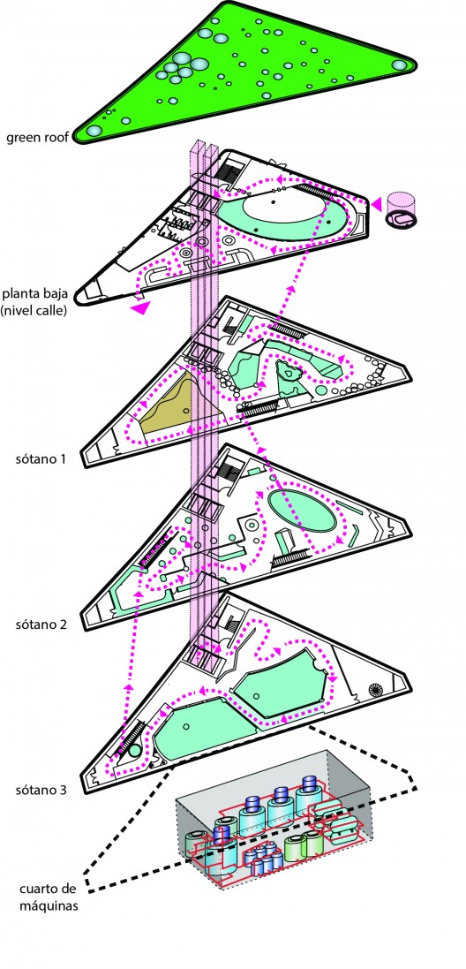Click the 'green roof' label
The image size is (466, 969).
(x=37, y=137)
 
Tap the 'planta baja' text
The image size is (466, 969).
(x=36, y=291)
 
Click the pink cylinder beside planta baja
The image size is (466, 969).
(x=400, y=210)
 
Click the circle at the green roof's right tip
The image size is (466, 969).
(x=400, y=64)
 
